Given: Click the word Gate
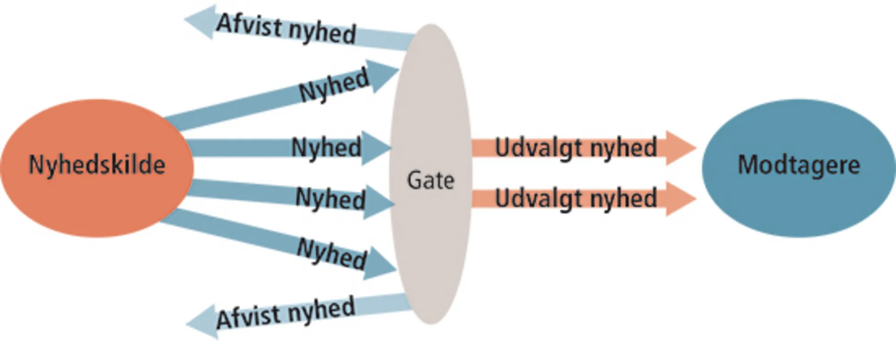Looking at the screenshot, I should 430,180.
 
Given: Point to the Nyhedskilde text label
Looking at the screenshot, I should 97,165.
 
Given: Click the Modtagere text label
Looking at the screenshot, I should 799,165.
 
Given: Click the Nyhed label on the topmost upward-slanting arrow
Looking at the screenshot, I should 334,86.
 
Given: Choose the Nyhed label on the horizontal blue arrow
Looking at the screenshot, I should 326,147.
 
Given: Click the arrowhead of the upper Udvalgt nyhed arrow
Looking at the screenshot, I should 679,148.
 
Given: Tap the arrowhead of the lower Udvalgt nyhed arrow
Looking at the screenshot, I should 679,198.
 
